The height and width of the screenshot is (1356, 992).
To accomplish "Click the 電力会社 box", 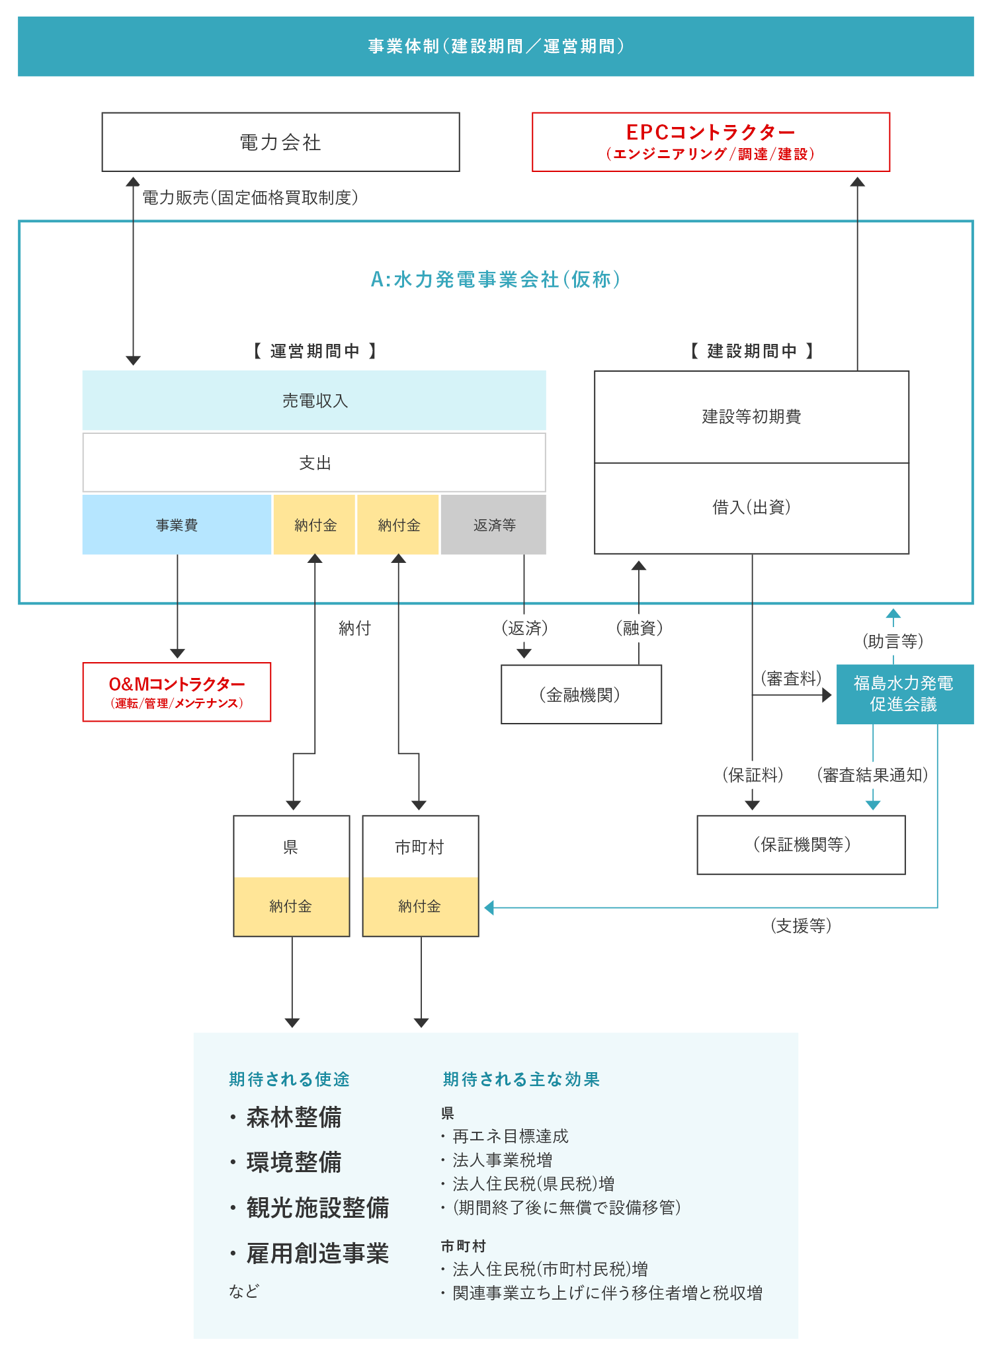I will click(x=280, y=142).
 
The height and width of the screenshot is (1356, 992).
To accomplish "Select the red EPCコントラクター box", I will click(x=711, y=142).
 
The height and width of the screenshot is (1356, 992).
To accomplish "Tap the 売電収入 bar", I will click(x=314, y=401).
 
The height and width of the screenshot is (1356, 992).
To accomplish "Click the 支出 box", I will click(x=314, y=463).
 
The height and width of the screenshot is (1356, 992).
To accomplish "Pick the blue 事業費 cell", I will click(x=177, y=525).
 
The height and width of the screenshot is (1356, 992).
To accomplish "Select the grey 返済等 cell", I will click(x=494, y=525).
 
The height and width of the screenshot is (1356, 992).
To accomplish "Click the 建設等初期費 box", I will click(x=751, y=417).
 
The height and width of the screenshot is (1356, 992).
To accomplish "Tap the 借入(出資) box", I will click(x=751, y=508).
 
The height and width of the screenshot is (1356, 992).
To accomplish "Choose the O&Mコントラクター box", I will click(x=177, y=692).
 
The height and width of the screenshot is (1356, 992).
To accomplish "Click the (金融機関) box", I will click(x=581, y=695).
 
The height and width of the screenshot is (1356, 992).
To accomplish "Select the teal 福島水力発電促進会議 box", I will click(x=904, y=694).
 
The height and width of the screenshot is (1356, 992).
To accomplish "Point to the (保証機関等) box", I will click(x=801, y=845).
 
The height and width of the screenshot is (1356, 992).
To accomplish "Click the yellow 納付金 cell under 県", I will click(x=291, y=906).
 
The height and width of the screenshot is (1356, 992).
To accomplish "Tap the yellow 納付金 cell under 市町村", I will click(x=420, y=906).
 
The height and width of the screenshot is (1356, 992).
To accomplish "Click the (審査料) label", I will click(x=791, y=679).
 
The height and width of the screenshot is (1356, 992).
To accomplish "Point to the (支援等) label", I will click(x=801, y=925).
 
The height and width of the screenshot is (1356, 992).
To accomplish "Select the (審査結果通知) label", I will click(x=872, y=775).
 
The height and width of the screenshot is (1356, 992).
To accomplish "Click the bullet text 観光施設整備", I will click(x=317, y=1208).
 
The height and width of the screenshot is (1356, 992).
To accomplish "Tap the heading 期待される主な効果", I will click(x=521, y=1080).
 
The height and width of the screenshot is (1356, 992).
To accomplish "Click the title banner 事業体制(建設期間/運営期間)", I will click(x=496, y=46).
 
